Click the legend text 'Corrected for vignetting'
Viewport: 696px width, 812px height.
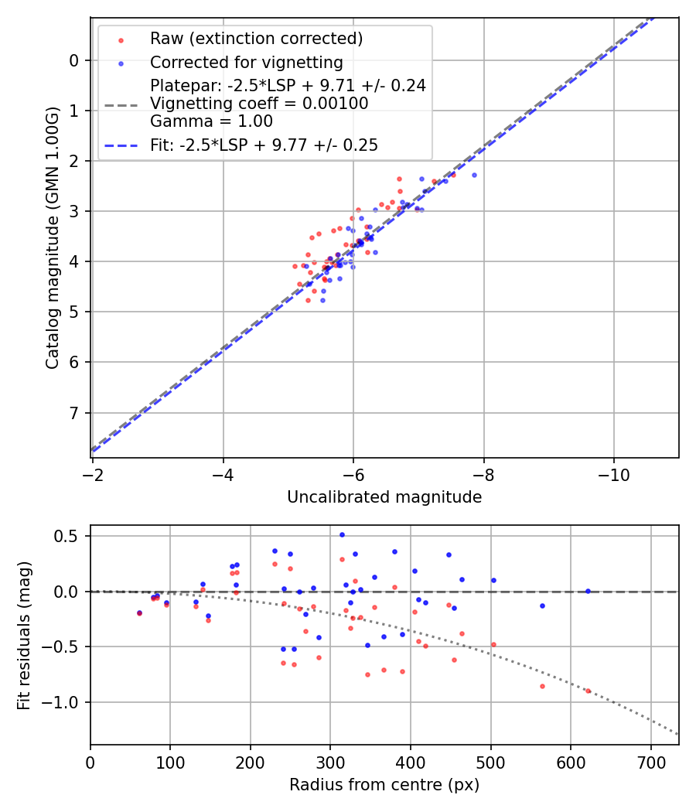coord(246,63)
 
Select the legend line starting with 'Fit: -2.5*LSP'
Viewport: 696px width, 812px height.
coord(264,145)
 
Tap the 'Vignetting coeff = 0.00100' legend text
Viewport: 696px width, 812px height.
coord(259,103)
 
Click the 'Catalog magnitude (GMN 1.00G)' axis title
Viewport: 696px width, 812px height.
coord(52,237)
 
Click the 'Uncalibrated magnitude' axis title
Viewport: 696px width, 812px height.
coord(384,497)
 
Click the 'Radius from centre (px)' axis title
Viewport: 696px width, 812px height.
coord(384,785)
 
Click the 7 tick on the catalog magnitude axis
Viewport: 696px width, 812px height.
coord(74,412)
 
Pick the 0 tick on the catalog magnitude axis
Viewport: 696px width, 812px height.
coord(74,60)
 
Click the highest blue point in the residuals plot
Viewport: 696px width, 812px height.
coord(342,534)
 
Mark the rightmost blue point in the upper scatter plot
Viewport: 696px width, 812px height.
coord(474,175)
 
